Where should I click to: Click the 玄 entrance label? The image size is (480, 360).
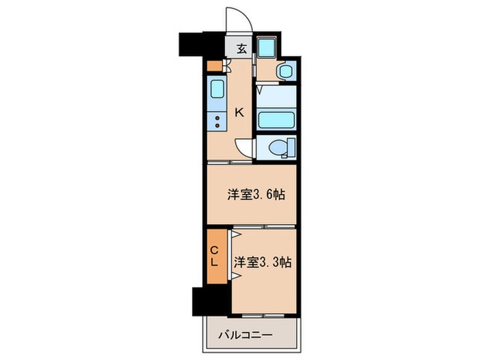point(241,49)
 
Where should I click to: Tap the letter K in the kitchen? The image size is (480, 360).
point(239,113)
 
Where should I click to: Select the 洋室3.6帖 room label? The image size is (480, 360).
point(256,194)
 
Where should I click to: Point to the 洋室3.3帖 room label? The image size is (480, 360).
point(263,263)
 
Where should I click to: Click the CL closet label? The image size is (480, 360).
point(214,256)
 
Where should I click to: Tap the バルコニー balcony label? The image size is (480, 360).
point(245,335)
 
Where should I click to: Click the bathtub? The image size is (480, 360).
point(276,120)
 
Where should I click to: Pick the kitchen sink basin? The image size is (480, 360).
point(217,88)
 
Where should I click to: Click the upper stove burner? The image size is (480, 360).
point(217,118)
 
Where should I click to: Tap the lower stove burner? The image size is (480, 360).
point(217,125)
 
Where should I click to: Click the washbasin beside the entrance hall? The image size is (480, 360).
point(286,71)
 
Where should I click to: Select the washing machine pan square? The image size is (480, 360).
point(266,47)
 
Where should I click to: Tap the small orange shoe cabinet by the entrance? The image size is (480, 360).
point(214,66)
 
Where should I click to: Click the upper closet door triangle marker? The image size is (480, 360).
point(236,235)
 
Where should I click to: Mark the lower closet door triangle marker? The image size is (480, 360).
point(236,276)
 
